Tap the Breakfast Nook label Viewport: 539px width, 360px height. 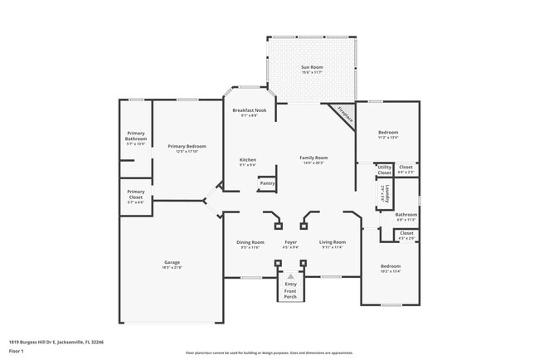pos(249,110)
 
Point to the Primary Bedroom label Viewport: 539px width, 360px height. pos(187,147)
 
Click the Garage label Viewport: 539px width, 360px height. pos(172,262)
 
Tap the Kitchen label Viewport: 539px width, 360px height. pos(248,159)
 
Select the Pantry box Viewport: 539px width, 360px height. pos(268,183)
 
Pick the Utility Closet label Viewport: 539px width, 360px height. pos(384,169)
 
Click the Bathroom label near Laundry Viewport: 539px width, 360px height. pos(406,215)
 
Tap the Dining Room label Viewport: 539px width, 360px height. pos(250,242)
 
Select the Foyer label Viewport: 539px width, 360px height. pos(290,242)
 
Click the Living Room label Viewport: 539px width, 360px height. pos(332,242)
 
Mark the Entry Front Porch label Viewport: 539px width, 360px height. pos(290,288)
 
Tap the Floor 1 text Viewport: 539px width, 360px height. pos(17,351)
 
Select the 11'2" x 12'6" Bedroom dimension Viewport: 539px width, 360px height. pos(388,138)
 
